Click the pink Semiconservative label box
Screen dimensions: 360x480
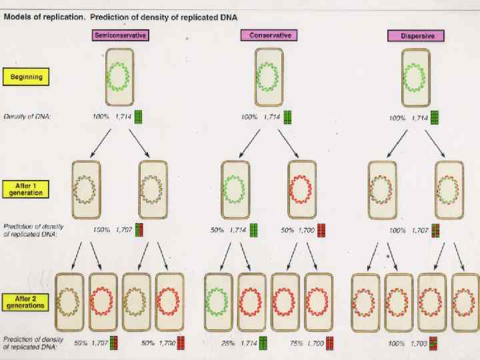pyautogui.click(x=120, y=35)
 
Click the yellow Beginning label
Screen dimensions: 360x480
pyautogui.click(x=26, y=77)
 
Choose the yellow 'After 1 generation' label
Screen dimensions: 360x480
pyautogui.click(x=26, y=189)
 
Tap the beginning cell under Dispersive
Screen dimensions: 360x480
pyautogui.click(x=415, y=79)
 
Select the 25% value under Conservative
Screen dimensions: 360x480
pyautogui.click(x=227, y=343)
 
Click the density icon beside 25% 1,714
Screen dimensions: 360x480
pyautogui.click(x=263, y=343)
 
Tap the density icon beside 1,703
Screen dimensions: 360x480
pyautogui.click(x=434, y=343)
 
